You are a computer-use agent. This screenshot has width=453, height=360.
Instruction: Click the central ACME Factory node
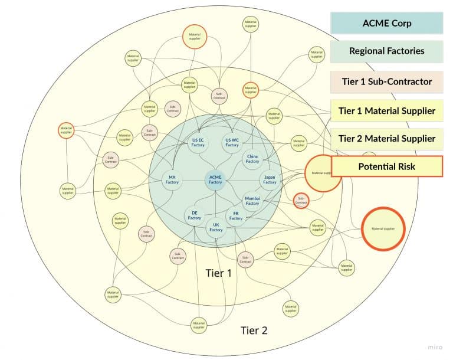click(x=215, y=179)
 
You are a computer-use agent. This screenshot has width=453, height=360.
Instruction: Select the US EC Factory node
click(x=199, y=142)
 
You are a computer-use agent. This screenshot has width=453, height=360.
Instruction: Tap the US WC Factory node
click(x=232, y=142)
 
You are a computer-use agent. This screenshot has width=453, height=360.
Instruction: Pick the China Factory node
click(x=252, y=158)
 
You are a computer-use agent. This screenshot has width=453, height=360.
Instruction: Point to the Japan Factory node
click(x=270, y=179)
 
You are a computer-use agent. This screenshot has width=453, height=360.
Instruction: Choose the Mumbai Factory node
click(x=252, y=200)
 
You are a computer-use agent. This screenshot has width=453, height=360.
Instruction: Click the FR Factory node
click(x=236, y=215)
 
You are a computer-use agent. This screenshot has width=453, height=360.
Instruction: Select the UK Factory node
click(x=216, y=227)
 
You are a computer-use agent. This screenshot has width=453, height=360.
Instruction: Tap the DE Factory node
click(x=195, y=215)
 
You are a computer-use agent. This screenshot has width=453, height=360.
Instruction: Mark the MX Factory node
click(x=172, y=179)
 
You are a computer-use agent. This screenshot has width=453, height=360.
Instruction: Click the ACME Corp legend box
click(x=386, y=24)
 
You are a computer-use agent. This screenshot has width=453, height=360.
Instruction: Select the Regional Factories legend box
click(x=386, y=51)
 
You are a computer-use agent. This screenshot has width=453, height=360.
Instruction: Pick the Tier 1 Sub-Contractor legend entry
click(x=386, y=81)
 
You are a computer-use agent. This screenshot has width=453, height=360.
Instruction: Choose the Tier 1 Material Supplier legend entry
click(x=386, y=110)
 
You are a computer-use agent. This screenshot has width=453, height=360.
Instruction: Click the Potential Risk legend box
click(x=386, y=166)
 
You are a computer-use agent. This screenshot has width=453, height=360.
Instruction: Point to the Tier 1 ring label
click(x=218, y=273)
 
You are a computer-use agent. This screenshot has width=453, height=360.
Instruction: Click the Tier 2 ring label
click(x=254, y=330)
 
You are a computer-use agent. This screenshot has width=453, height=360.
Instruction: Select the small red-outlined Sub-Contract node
click(x=301, y=200)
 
